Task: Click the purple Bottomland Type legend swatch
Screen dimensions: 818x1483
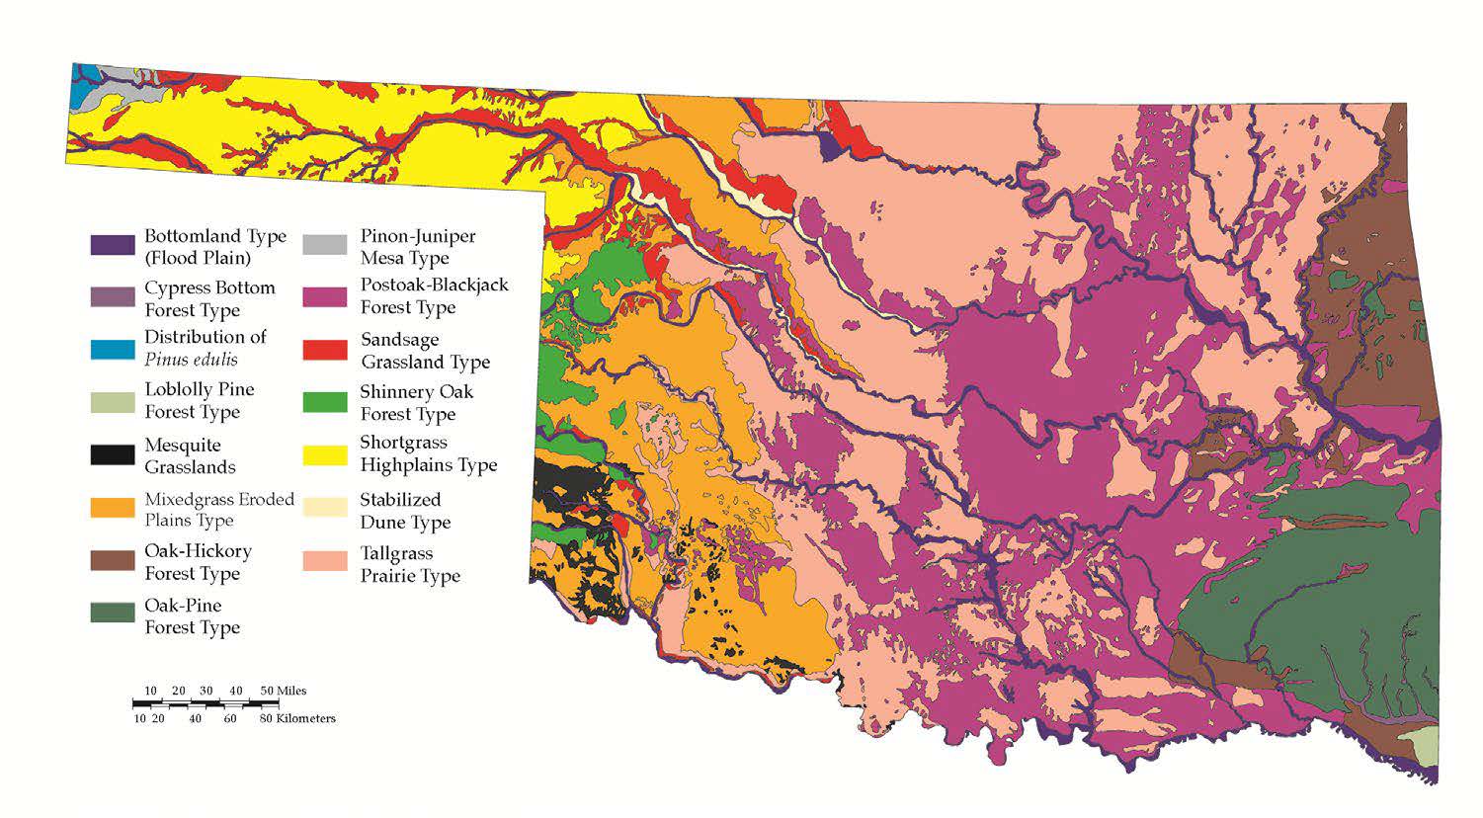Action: (x=113, y=245)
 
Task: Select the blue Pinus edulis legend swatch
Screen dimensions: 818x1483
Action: (x=113, y=349)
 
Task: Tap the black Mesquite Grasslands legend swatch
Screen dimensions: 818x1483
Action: (x=113, y=455)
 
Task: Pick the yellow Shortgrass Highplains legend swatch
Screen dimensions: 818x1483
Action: (x=325, y=454)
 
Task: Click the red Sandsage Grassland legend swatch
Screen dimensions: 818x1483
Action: (x=325, y=350)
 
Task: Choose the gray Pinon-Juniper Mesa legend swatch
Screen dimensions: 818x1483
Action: (x=325, y=245)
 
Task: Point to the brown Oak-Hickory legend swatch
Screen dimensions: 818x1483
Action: (x=113, y=560)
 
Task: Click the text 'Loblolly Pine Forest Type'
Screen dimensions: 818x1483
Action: (x=199, y=400)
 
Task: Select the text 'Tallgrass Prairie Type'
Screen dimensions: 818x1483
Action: (x=409, y=564)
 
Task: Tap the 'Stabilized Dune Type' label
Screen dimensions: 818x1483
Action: (x=404, y=511)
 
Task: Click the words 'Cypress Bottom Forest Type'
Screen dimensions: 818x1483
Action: (x=208, y=298)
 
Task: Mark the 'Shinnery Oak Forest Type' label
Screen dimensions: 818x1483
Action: (x=415, y=402)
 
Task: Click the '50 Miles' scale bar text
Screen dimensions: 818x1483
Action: (x=283, y=691)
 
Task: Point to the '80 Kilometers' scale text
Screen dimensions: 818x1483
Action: (x=297, y=718)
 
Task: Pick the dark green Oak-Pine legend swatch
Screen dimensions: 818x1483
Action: (x=113, y=613)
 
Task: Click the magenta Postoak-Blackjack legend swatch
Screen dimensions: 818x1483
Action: (x=325, y=296)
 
